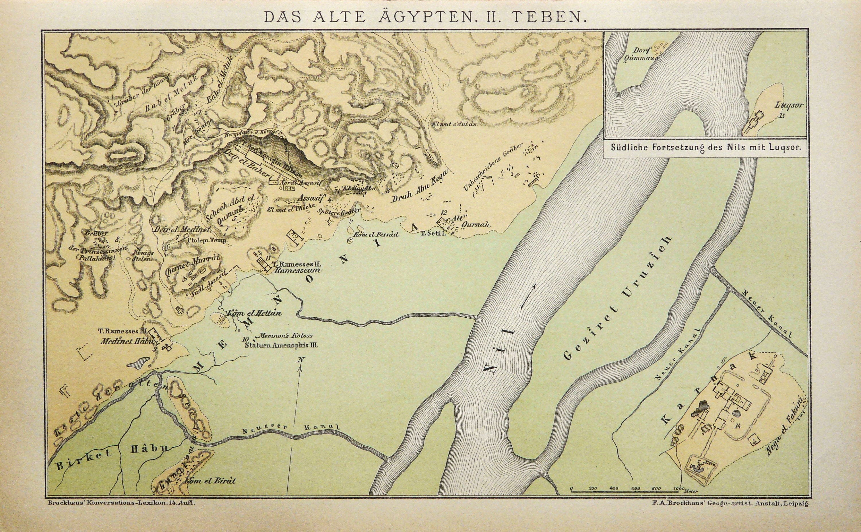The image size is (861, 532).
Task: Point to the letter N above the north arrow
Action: click(x=300, y=360)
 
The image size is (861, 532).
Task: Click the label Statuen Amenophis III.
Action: click(x=282, y=345)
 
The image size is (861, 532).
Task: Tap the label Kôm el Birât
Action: click(x=210, y=480)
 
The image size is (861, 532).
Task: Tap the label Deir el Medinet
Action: click(x=182, y=229)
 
